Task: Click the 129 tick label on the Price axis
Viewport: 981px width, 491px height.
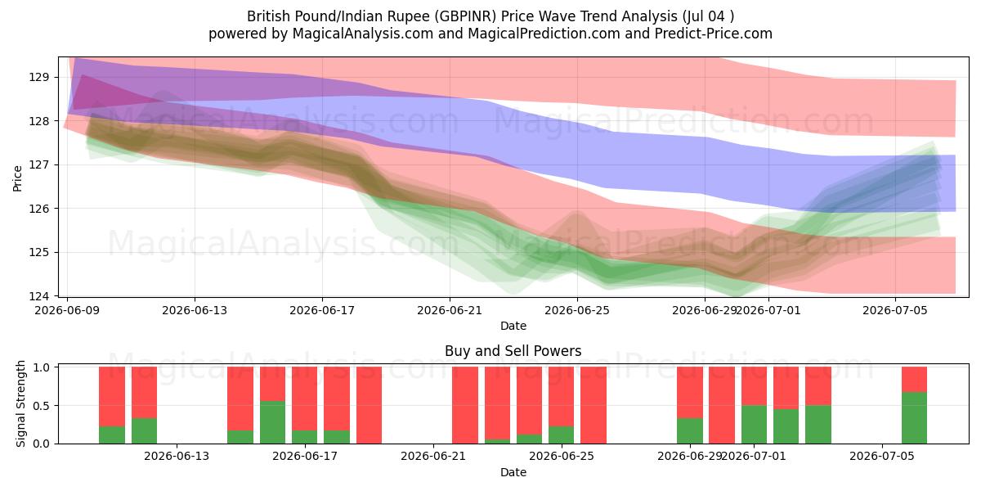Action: point(38,78)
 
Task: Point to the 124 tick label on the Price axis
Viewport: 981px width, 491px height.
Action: point(38,296)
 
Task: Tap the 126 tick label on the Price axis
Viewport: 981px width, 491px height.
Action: point(38,209)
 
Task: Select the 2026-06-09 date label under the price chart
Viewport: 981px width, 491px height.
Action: point(67,311)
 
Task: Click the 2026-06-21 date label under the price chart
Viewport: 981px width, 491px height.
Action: point(450,311)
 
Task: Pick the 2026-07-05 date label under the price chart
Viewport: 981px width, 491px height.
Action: point(895,311)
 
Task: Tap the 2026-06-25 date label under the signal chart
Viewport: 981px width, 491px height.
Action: point(562,457)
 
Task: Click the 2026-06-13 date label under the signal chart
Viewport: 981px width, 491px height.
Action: point(177,457)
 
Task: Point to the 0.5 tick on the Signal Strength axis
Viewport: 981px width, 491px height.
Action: point(42,406)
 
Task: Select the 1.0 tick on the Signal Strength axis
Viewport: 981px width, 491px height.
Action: point(42,367)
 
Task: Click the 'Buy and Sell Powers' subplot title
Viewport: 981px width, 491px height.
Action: point(513,351)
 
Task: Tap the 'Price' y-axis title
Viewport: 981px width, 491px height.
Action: point(17,178)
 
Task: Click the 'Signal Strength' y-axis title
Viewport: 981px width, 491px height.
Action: point(20,403)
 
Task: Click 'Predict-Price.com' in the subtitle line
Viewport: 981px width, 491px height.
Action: point(714,34)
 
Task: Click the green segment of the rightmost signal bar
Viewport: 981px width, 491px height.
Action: point(915,418)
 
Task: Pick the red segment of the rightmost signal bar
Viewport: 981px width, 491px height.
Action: point(915,380)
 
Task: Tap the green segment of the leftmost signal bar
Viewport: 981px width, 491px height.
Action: point(112,435)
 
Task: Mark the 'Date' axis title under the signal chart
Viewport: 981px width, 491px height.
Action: point(513,473)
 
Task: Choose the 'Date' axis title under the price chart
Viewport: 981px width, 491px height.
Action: point(513,327)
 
